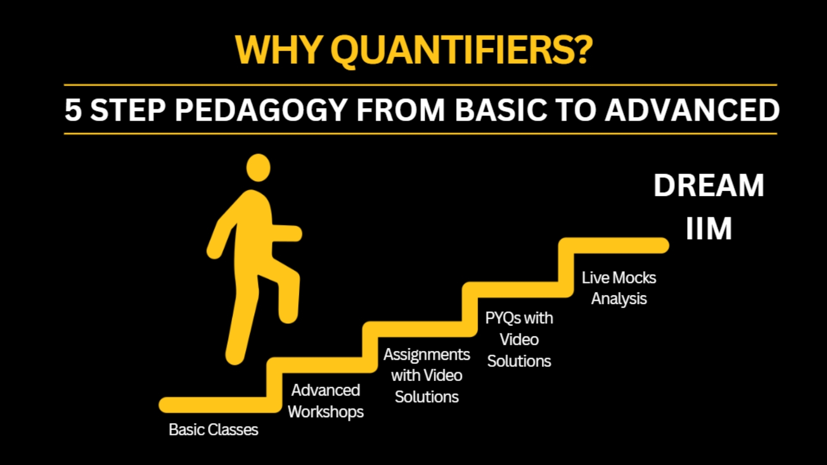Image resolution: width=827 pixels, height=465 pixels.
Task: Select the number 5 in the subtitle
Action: pyautogui.click(x=73, y=110)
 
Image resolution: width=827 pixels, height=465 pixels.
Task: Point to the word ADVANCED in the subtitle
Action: pyautogui.click(x=692, y=110)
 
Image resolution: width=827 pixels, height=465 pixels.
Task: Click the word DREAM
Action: pyautogui.click(x=709, y=186)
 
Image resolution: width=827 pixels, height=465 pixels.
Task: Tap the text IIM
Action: pyautogui.click(x=709, y=229)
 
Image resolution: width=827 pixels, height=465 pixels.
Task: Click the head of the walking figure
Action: pyautogui.click(x=258, y=168)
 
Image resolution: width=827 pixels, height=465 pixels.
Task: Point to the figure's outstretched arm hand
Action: pyautogui.click(x=293, y=233)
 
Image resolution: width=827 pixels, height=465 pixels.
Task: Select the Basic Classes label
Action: pyautogui.click(x=213, y=430)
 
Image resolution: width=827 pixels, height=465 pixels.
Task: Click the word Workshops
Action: pyautogui.click(x=326, y=412)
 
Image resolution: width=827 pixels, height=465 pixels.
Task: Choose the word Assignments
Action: pyautogui.click(x=427, y=355)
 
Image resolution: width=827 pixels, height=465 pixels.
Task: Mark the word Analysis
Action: pyautogui.click(x=619, y=299)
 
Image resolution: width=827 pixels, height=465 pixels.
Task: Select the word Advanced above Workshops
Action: pyautogui.click(x=326, y=391)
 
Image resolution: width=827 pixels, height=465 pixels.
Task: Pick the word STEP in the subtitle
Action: pyautogui.click(x=128, y=110)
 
